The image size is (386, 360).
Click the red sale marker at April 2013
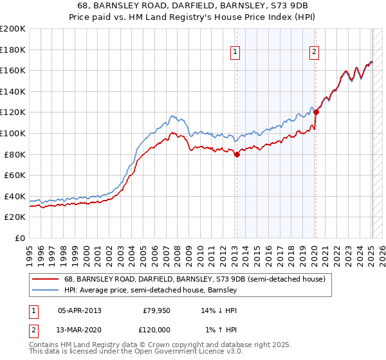[x=237, y=154]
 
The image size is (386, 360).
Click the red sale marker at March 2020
[x=316, y=112]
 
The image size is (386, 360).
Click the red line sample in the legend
[x=46, y=280]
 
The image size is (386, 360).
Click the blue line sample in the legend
[x=46, y=291]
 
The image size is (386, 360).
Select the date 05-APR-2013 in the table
[x=79, y=310]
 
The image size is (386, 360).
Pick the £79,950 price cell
[x=155, y=310]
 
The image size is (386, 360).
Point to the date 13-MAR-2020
[x=79, y=329]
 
